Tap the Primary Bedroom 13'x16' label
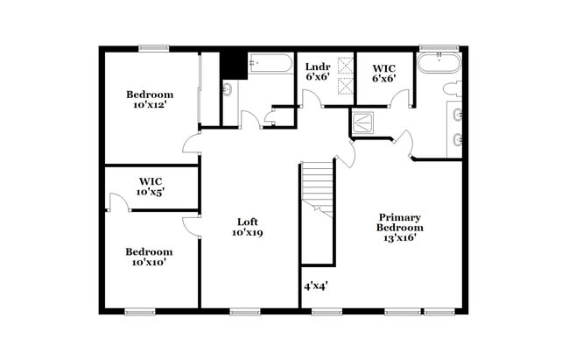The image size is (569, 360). tap(399, 227)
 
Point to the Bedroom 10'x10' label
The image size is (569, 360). tap(149, 254)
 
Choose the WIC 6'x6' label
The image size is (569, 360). tap(384, 72)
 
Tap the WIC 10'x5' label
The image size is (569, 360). tap(149, 186)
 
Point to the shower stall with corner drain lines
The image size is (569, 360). tap(365, 123)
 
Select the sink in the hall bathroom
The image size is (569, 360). tap(228, 88)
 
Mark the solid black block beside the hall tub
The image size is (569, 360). tap(233, 66)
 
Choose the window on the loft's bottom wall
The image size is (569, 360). tap(242, 311)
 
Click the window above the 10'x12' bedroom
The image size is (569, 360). tap(154, 47)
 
